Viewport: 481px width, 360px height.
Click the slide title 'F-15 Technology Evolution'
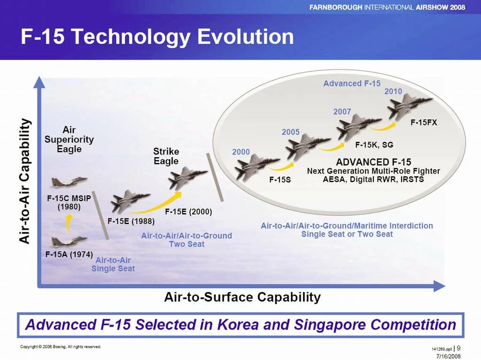(157, 37)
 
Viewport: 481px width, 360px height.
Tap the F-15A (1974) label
(69, 254)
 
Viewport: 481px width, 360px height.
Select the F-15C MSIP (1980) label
(69, 202)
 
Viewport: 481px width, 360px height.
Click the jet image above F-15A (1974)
(70, 242)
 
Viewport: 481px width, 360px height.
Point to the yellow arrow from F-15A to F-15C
(69, 223)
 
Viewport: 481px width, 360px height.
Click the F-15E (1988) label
(131, 221)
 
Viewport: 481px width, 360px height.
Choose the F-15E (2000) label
(188, 212)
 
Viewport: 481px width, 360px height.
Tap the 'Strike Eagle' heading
(166, 156)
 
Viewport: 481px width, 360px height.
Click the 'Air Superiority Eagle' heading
(69, 139)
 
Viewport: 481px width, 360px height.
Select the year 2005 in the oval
(290, 132)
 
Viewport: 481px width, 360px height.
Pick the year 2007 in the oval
(342, 112)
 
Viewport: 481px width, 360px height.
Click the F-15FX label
(424, 123)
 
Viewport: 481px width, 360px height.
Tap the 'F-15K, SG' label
(374, 145)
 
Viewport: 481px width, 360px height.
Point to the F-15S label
(280, 180)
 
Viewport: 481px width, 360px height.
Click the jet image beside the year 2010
(410, 106)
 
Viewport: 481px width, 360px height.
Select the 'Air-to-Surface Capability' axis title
(242, 297)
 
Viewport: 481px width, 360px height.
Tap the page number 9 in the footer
(458, 348)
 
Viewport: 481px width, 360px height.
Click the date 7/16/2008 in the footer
(448, 356)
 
